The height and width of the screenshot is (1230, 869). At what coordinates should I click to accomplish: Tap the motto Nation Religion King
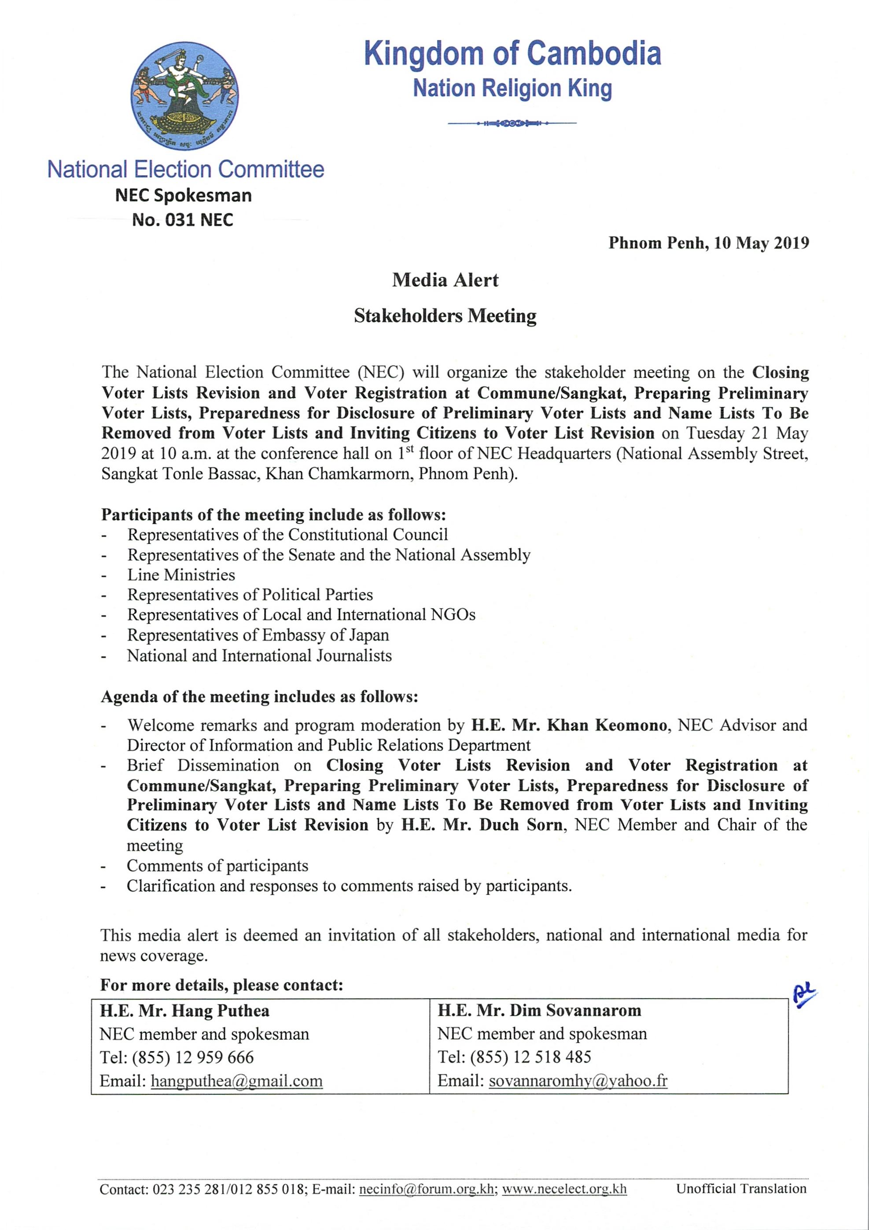(x=512, y=89)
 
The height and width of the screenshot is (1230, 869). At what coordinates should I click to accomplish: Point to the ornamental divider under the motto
(x=512, y=124)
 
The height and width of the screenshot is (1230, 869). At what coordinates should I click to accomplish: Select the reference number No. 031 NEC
(x=183, y=220)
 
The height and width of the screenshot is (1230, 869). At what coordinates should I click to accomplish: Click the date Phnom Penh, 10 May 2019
(x=708, y=243)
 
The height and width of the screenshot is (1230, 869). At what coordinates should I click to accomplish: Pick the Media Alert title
(x=445, y=280)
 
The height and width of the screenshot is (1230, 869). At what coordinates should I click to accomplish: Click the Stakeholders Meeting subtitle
(x=445, y=316)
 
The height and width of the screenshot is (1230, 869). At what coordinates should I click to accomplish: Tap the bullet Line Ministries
(x=181, y=575)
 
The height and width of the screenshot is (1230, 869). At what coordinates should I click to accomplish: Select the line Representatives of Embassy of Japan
(x=258, y=635)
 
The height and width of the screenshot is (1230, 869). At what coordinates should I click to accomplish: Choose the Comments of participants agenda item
(x=217, y=866)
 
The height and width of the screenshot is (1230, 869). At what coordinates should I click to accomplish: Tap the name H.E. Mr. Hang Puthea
(x=185, y=1011)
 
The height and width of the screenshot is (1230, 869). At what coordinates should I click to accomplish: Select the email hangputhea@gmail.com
(x=237, y=1081)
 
